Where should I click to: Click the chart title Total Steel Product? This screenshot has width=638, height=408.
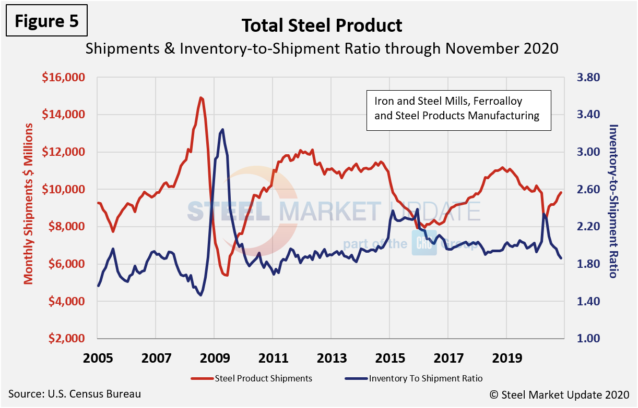pyautogui.click(x=322, y=25)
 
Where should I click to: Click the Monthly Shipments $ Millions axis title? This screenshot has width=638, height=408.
pyautogui.click(x=29, y=204)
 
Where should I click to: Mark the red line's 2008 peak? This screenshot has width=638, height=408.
pyautogui.click(x=201, y=97)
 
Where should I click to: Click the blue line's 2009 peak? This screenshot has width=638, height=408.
pyautogui.click(x=222, y=129)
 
